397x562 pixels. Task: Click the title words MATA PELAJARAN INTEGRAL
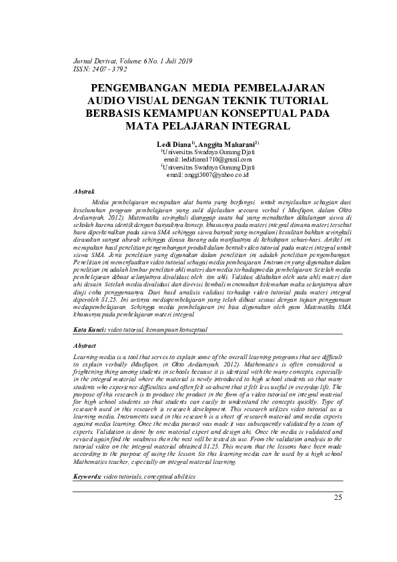pyautogui.click(x=198, y=125)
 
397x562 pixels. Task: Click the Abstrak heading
pyautogui.click(x=83, y=192)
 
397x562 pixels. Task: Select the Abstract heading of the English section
pyautogui.click(x=85, y=346)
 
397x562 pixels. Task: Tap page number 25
pyautogui.click(x=337, y=516)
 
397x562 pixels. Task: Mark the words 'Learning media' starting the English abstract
pyautogui.click(x=93, y=358)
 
